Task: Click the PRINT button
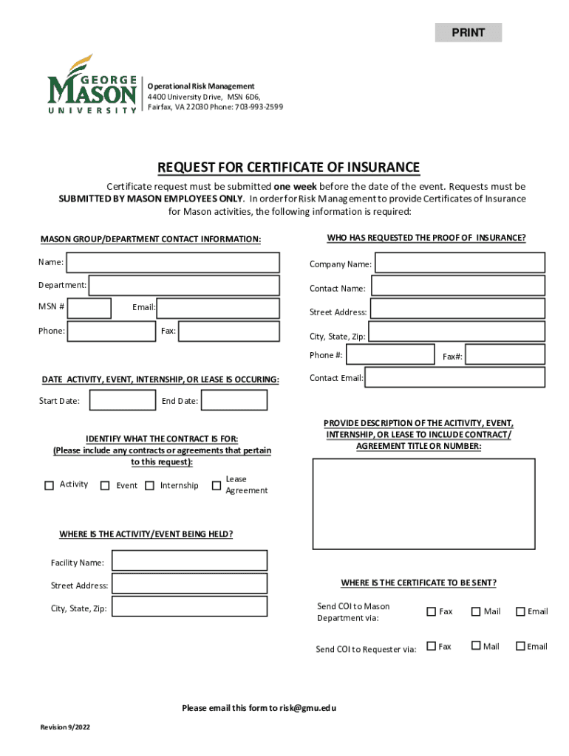(x=468, y=32)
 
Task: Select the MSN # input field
(x=89, y=308)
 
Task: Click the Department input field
(x=184, y=285)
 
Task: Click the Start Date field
(x=122, y=401)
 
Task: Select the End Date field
(x=234, y=401)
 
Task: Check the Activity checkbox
(x=50, y=485)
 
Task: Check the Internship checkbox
(x=150, y=486)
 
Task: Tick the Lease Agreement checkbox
(x=217, y=485)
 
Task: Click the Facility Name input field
(x=189, y=561)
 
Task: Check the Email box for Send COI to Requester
(x=520, y=647)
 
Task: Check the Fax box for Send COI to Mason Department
(x=432, y=611)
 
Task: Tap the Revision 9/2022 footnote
(x=65, y=728)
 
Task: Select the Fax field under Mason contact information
(x=229, y=331)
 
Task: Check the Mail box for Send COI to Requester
(x=476, y=647)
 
